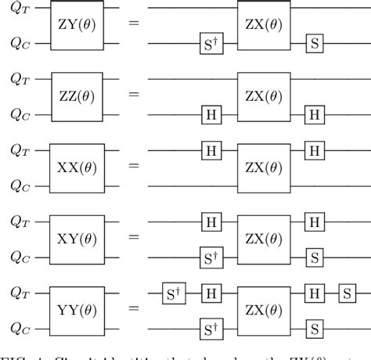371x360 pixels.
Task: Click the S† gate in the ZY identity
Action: click(210, 44)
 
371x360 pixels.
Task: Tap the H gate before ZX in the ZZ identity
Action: click(210, 113)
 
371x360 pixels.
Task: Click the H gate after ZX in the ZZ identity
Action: click(315, 113)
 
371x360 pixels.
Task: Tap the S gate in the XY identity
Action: click(315, 255)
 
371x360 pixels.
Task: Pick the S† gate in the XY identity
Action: click(210, 255)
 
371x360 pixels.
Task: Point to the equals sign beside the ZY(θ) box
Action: click(134, 25)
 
